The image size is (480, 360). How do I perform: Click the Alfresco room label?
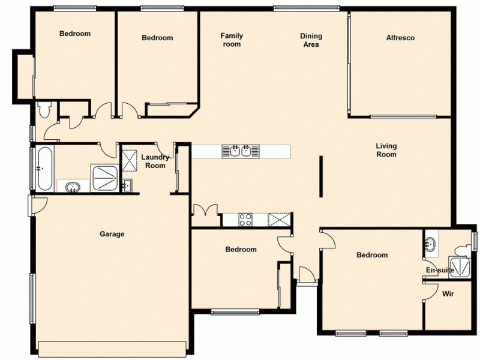(x=400, y=38)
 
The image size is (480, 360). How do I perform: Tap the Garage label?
(x=112, y=234)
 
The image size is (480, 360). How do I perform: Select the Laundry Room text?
(x=155, y=161)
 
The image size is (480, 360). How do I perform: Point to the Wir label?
(x=448, y=294)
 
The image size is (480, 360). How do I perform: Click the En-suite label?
(x=440, y=271)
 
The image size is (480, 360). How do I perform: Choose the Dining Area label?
(x=311, y=40)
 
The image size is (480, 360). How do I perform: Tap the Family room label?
(x=232, y=40)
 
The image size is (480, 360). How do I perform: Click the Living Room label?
(x=386, y=150)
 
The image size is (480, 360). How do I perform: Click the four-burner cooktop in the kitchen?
(x=245, y=220)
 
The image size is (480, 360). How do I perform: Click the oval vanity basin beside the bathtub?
(x=73, y=187)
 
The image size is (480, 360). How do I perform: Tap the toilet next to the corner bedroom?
(x=44, y=110)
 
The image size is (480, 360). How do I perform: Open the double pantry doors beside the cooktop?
(x=205, y=211)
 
